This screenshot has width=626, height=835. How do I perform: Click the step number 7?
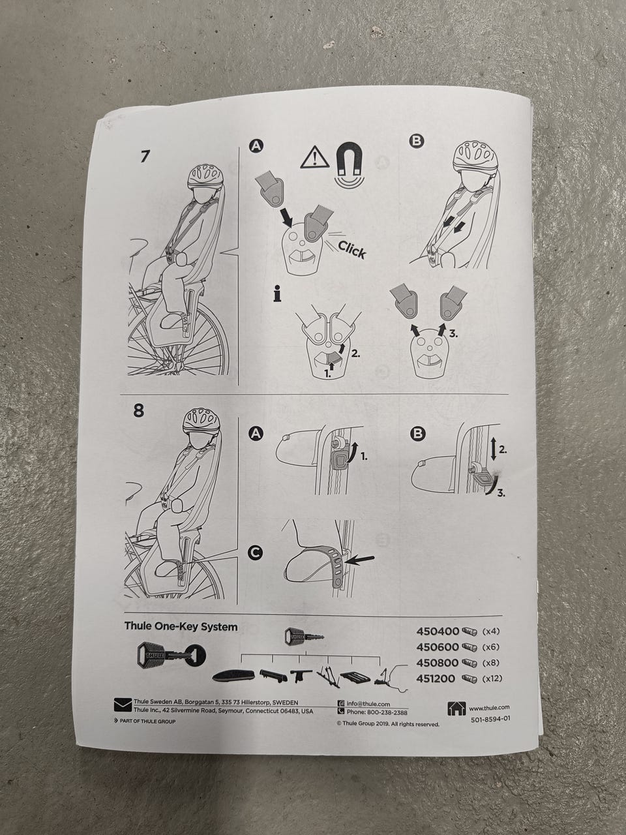pyautogui.click(x=144, y=156)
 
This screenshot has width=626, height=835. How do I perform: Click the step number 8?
pyautogui.click(x=139, y=410)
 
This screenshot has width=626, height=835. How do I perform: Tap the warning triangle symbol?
pyautogui.click(x=315, y=159)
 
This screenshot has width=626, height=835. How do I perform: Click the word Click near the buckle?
pyautogui.click(x=351, y=250)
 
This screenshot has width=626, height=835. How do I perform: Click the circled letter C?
pyautogui.click(x=256, y=553)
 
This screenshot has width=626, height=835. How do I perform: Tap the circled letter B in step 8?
pyautogui.click(x=418, y=434)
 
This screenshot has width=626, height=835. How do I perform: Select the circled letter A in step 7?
pyautogui.click(x=256, y=145)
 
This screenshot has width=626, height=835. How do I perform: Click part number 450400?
pyautogui.click(x=438, y=631)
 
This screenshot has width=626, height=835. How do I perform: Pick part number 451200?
pyautogui.click(x=436, y=678)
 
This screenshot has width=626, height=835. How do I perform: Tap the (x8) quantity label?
pyautogui.click(x=490, y=662)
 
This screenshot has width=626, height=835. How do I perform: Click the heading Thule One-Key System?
pyautogui.click(x=181, y=626)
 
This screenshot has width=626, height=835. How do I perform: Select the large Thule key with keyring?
pyautogui.click(x=171, y=655)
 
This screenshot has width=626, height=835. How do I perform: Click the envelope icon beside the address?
pyautogui.click(x=123, y=705)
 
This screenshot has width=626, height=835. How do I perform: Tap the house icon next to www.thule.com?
pyautogui.click(x=456, y=708)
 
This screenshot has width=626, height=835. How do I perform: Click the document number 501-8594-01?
pyautogui.click(x=490, y=720)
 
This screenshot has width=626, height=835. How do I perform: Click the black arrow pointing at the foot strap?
pyautogui.click(x=361, y=559)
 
